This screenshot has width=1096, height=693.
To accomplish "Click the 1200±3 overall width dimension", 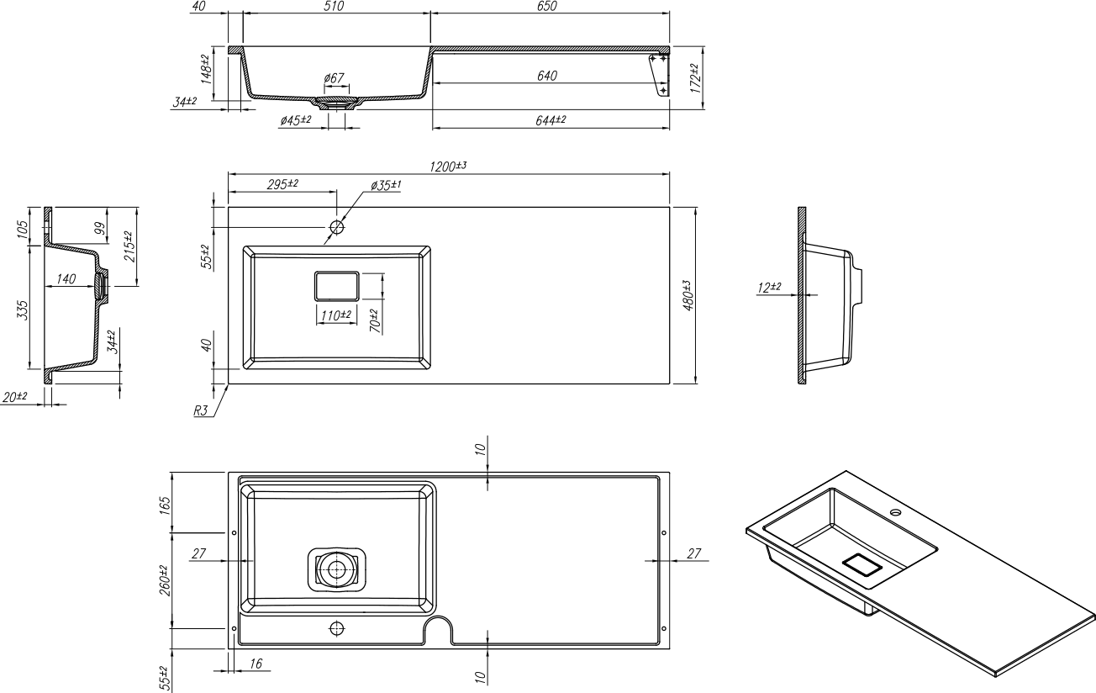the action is point(448,167).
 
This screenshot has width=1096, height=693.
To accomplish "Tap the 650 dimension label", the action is point(547,7).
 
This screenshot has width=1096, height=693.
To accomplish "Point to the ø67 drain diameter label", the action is point(335,78).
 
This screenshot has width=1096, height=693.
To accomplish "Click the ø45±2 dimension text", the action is point(296,120).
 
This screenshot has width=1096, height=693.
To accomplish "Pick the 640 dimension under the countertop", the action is point(547,76).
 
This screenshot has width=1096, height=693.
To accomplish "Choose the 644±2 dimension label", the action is point(551,120).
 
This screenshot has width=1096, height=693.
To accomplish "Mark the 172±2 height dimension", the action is point(695,78).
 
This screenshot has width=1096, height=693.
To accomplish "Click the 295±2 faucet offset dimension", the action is point(282,185).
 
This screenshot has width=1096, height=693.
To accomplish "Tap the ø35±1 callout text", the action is point(386,185).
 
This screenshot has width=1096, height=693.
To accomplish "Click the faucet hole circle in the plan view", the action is point(337,227).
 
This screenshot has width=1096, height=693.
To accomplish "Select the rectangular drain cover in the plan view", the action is point(337,286).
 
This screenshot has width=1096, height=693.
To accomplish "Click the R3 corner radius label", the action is point(201,410).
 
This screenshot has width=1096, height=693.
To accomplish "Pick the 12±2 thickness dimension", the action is point(769,288).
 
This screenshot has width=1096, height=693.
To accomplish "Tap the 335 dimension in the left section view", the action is point(23,310).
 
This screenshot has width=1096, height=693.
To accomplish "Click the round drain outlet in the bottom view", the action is point(337,569).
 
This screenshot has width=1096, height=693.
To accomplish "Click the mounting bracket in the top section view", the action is point(660,76).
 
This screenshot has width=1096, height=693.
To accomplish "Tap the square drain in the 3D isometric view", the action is point(862,565).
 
